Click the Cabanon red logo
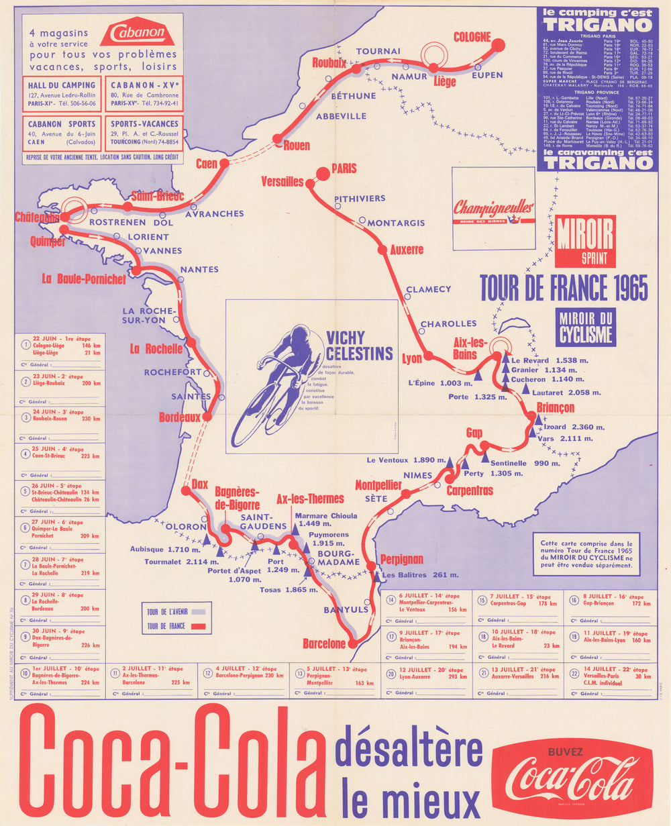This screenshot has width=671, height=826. coord(137,32)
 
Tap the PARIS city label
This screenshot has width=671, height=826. coord(344,168)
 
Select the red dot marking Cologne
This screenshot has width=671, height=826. coord(498,45)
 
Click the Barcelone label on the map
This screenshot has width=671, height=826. coord(323,643)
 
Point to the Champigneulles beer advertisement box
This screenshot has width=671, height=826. coord(493,208)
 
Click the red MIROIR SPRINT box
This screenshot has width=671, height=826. coord(585,241)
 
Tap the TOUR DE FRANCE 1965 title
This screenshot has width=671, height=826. coord(564,288)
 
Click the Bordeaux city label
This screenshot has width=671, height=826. coord(179,417)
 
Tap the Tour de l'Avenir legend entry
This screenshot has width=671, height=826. coord(175,611)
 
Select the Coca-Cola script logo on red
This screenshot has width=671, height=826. coord(572,779)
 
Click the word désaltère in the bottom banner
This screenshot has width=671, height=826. coord(409,752)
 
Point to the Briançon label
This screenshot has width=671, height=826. coord(556,408)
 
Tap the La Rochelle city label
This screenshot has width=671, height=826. coord(156,349)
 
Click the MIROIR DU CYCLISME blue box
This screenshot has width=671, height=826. coord(585,327)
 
